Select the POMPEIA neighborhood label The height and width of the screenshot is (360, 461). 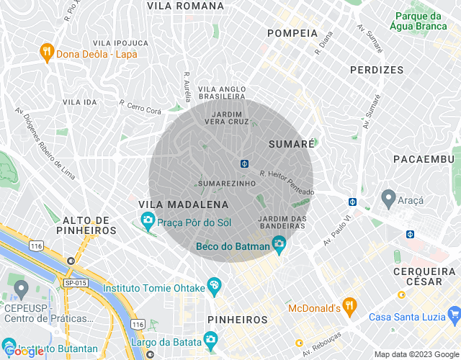[x=292, y=33]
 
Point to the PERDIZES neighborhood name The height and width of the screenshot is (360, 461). [x=377, y=70]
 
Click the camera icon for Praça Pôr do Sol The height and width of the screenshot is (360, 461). [x=148, y=219]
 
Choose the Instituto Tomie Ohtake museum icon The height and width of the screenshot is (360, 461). [x=214, y=287]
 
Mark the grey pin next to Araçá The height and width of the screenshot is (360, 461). [x=388, y=197]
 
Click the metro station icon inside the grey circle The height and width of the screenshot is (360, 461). [x=245, y=163]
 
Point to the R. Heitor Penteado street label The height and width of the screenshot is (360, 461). [x=287, y=183]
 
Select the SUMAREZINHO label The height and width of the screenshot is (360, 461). [x=227, y=184]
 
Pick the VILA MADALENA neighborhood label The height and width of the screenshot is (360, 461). [x=178, y=205]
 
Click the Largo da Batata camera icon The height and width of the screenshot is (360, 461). [x=210, y=338]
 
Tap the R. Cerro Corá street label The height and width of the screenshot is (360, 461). [x=140, y=107]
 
